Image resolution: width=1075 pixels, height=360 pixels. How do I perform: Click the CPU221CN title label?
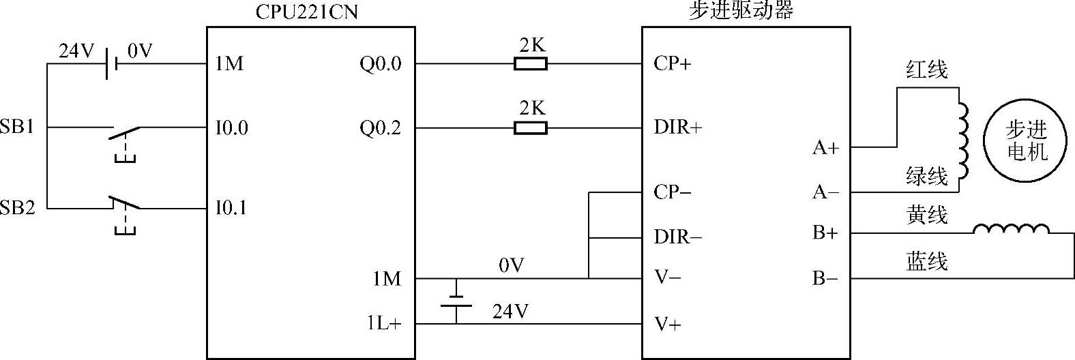(x=306, y=12)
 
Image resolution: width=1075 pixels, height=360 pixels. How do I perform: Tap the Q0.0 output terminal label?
(x=381, y=64)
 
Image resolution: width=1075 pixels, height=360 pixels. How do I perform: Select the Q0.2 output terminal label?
(x=381, y=127)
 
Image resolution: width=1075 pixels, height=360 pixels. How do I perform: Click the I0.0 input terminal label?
(x=232, y=127)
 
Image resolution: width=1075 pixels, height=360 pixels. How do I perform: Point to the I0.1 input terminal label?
(x=232, y=208)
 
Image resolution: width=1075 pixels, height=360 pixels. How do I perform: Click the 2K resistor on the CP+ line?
(x=530, y=64)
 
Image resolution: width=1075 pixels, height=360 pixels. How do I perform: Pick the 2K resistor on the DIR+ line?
(x=530, y=127)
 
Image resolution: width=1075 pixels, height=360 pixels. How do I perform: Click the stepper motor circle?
(x=1027, y=140)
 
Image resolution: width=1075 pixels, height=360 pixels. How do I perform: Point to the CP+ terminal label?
(x=672, y=63)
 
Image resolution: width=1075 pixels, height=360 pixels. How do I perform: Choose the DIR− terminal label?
(x=677, y=237)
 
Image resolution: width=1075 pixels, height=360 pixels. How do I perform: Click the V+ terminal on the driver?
(x=667, y=324)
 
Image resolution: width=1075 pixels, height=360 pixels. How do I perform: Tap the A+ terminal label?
(x=825, y=147)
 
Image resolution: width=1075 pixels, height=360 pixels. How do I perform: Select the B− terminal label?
(x=825, y=279)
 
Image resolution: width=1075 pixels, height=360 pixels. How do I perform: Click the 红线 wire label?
(x=926, y=69)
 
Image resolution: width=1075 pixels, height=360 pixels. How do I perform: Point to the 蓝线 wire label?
(x=926, y=261)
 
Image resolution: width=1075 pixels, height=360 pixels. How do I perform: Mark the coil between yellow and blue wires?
(x=1011, y=229)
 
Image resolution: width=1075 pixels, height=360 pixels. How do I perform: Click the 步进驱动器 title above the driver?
(x=741, y=11)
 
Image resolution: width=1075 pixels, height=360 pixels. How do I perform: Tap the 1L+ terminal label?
(x=385, y=324)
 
